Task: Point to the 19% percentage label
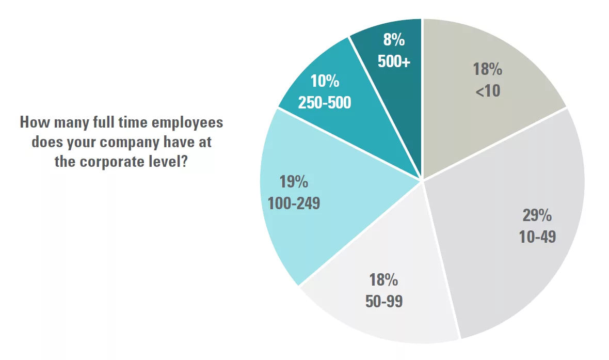tap(294, 182)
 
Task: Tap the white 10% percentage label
tap(325, 82)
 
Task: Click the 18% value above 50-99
tap(383, 280)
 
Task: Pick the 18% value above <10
tap(487, 69)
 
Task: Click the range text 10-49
tap(537, 237)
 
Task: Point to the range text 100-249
tap(294, 204)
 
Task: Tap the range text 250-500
tap(325, 103)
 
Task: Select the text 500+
tap(394, 62)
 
